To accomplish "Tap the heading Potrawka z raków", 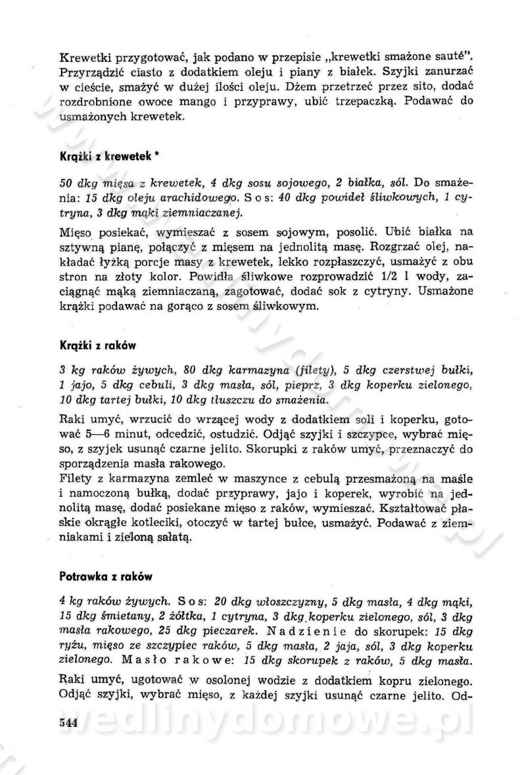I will pyautogui.click(x=106, y=576).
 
